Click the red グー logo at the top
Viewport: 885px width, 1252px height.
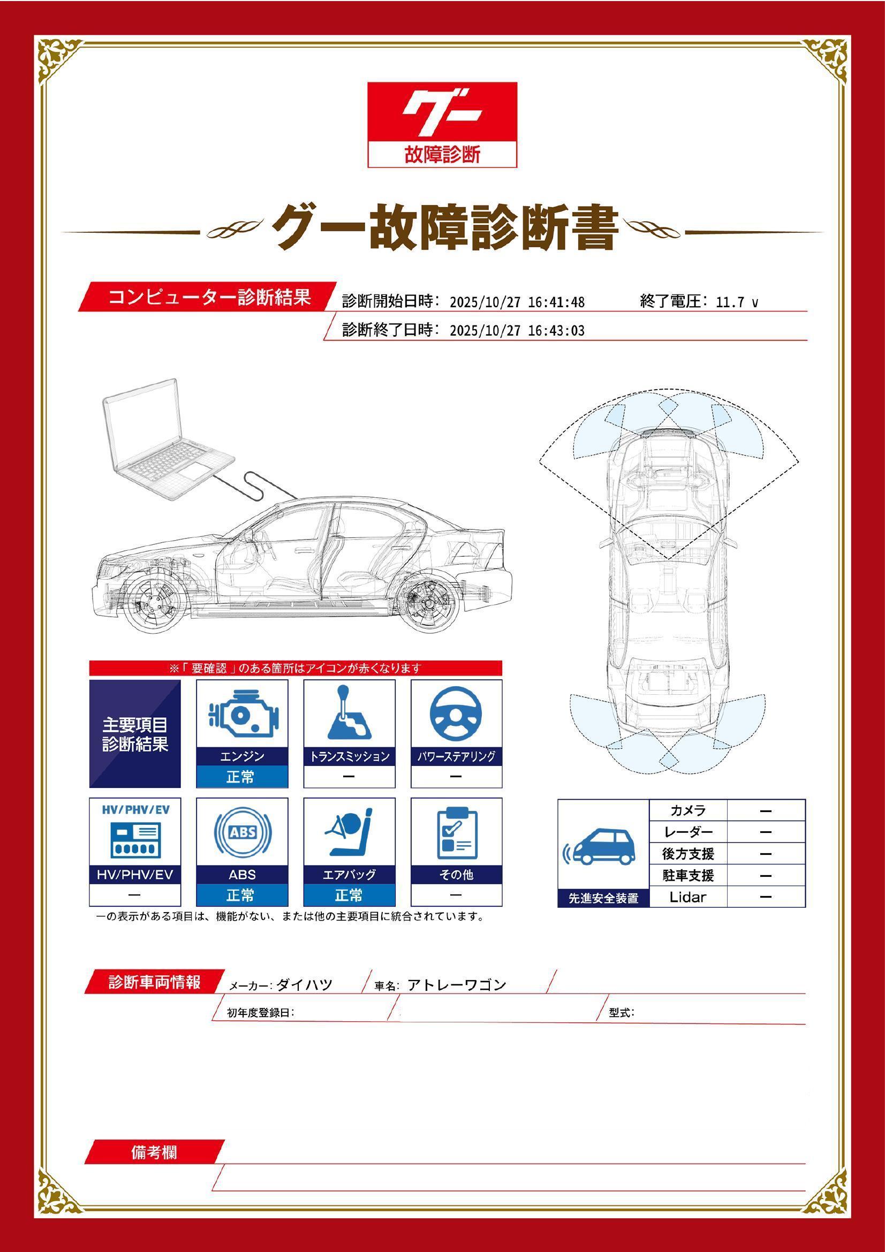point(442,124)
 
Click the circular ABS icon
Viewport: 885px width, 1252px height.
point(242,833)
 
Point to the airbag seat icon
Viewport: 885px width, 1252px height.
point(349,833)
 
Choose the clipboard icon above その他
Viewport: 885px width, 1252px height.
point(457,833)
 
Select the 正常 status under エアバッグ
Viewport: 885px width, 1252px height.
point(349,895)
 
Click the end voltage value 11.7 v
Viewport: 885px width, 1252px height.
point(737,302)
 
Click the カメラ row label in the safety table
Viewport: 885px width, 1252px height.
point(687,810)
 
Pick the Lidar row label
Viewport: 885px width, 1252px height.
point(687,897)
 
